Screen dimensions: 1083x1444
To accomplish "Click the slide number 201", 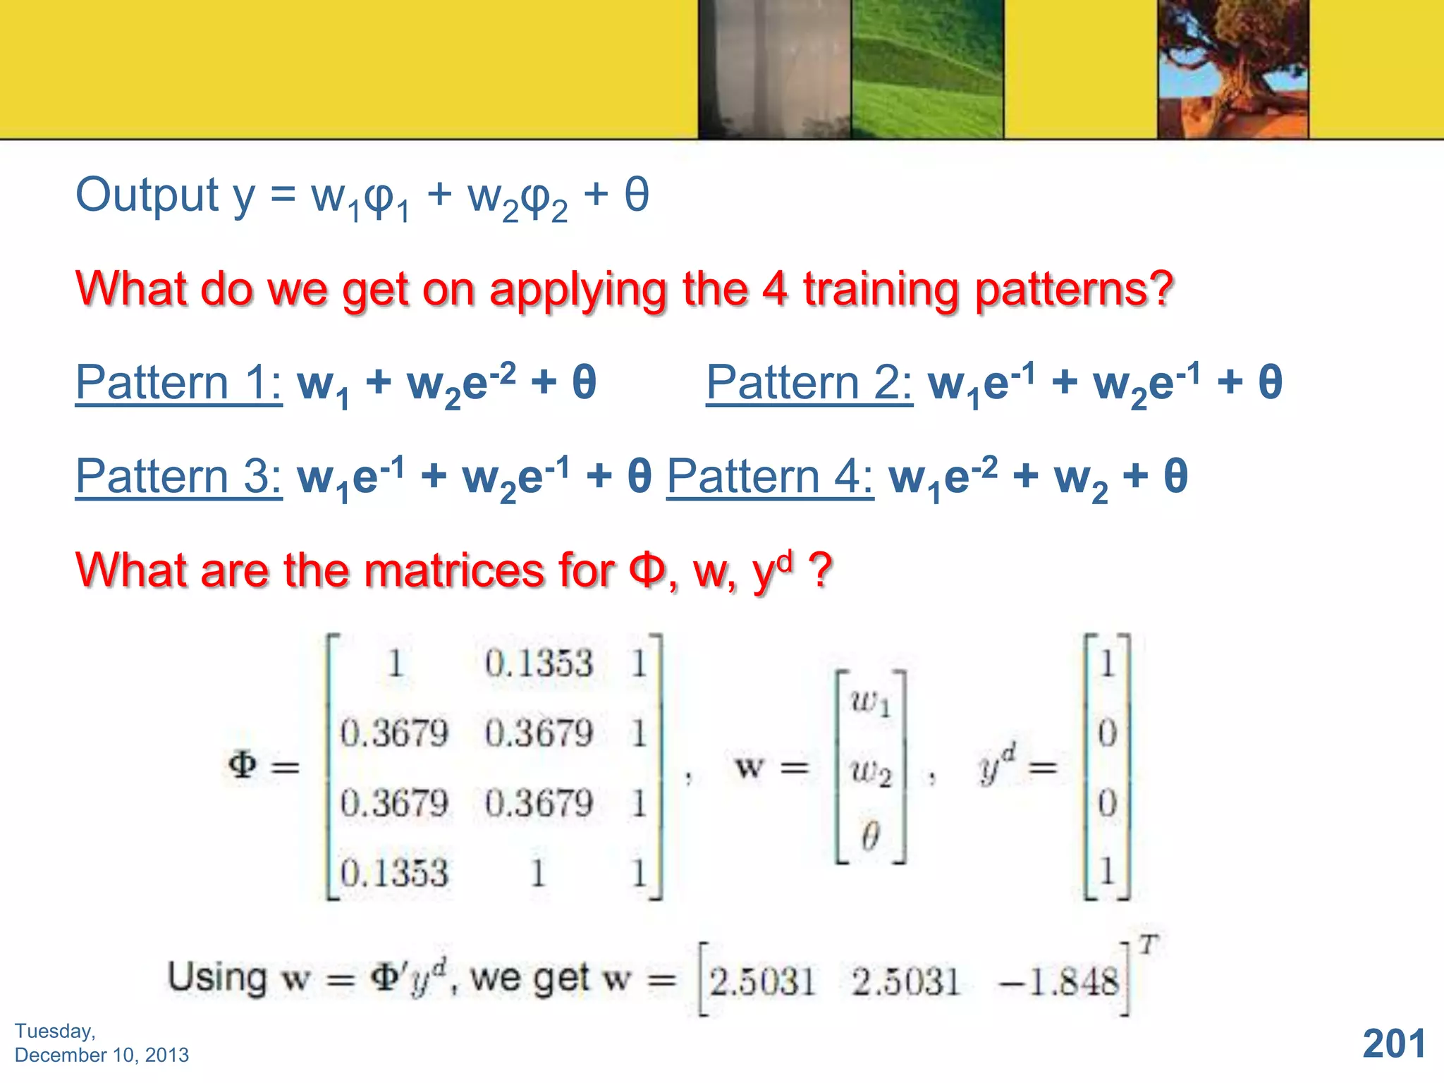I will pos(1394,1044).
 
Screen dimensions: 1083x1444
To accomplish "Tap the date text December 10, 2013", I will pos(102,1055).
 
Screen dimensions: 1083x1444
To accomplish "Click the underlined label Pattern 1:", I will pos(178,382).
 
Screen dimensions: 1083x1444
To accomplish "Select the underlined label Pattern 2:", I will pos(809,382).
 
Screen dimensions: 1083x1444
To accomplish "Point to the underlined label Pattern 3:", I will pos(178,476).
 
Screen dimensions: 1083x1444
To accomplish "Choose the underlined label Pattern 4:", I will pos(769,476).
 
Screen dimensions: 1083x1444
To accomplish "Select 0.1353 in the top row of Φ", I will pos(539,663).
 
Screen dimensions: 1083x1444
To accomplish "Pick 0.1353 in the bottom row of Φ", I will pos(394,873).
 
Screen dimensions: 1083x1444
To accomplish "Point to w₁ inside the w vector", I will pos(870,702).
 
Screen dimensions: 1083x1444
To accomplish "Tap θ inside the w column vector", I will pos(870,836).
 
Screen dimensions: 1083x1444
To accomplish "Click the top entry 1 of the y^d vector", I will pos(1107,663).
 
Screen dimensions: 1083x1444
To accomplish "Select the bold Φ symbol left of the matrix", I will pos(243,765).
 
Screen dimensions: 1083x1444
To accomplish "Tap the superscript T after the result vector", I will pos(1149,943).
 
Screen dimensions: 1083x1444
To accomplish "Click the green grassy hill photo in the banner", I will pos(926,69).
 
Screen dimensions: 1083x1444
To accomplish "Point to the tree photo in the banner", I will pos(1232,69).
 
